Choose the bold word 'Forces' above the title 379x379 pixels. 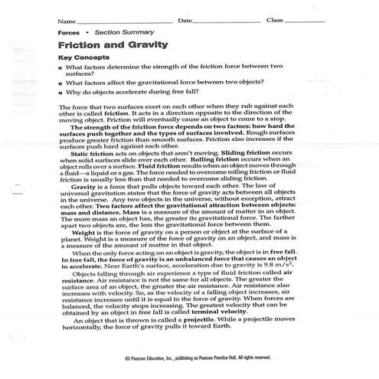pos(67,34)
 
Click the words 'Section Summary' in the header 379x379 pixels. pos(118,34)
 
